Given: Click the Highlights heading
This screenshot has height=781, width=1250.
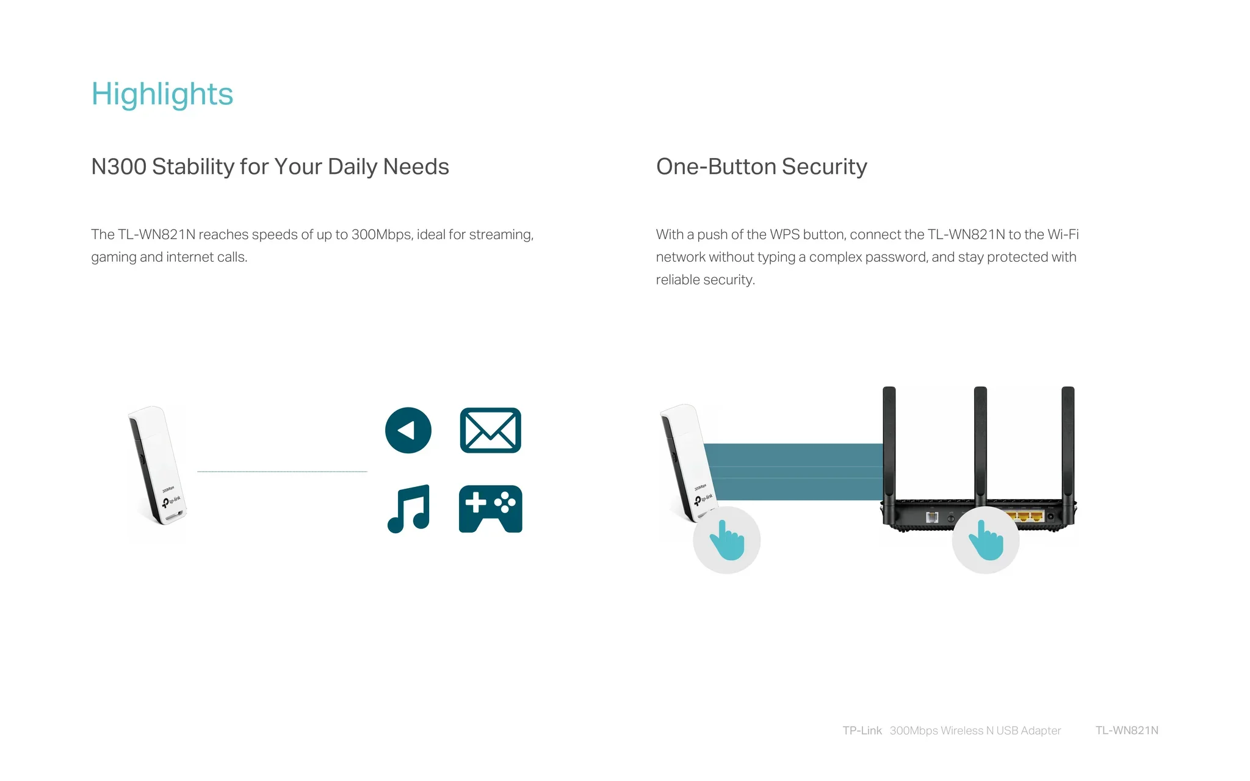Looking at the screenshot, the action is pyautogui.click(x=162, y=95).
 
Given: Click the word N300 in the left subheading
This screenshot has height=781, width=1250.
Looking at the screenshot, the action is pyautogui.click(x=118, y=167).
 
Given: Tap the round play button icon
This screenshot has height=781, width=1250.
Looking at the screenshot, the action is pyautogui.click(x=408, y=430).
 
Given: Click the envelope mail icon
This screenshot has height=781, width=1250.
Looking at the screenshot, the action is pyautogui.click(x=490, y=430).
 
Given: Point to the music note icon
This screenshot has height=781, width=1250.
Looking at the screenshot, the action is pyautogui.click(x=409, y=509).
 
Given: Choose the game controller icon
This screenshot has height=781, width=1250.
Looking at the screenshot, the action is pyautogui.click(x=491, y=509).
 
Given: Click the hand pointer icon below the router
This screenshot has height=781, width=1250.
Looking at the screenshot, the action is pyautogui.click(x=986, y=540).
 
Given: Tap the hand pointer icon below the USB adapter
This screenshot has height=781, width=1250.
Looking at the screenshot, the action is pyautogui.click(x=726, y=540).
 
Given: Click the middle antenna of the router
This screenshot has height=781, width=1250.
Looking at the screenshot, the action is pyautogui.click(x=980, y=445).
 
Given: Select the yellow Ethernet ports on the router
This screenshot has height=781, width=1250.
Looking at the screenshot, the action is pyautogui.click(x=1024, y=517).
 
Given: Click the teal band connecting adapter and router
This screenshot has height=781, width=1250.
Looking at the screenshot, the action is pyautogui.click(x=793, y=472).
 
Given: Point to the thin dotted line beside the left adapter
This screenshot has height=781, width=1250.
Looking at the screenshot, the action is pyautogui.click(x=282, y=471).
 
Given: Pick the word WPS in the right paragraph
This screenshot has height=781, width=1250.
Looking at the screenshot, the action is pyautogui.click(x=784, y=234).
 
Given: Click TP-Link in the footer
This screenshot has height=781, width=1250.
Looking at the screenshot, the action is pyautogui.click(x=862, y=730).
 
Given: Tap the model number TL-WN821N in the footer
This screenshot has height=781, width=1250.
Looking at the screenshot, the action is pyautogui.click(x=1127, y=730).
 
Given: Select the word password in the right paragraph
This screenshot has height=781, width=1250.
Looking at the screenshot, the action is pyautogui.click(x=897, y=257).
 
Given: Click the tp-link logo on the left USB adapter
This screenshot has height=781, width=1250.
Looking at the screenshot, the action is pyautogui.click(x=172, y=502).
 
